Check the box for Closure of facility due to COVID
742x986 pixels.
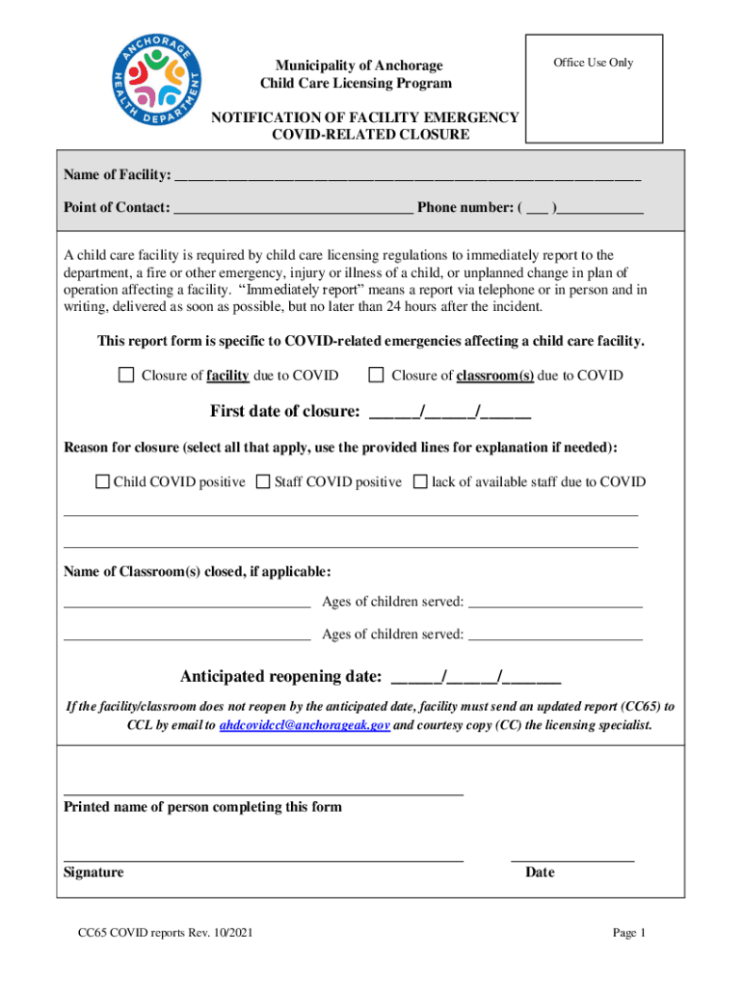(125, 376)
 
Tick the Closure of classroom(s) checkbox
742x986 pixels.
(376, 376)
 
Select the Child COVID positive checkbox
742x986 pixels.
(102, 481)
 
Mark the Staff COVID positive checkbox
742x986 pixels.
(262, 481)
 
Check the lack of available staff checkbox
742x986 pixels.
(419, 481)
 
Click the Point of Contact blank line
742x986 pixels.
(294, 208)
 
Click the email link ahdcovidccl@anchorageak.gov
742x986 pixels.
(305, 725)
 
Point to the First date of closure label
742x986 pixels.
(285, 412)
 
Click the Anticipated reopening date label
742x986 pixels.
(280, 675)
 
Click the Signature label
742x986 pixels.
(93, 872)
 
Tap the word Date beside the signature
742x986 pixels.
(540, 872)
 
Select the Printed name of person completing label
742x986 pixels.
(202, 807)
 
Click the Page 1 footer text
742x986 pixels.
(628, 933)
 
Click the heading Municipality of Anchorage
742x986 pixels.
(352, 65)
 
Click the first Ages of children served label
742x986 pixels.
(392, 602)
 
